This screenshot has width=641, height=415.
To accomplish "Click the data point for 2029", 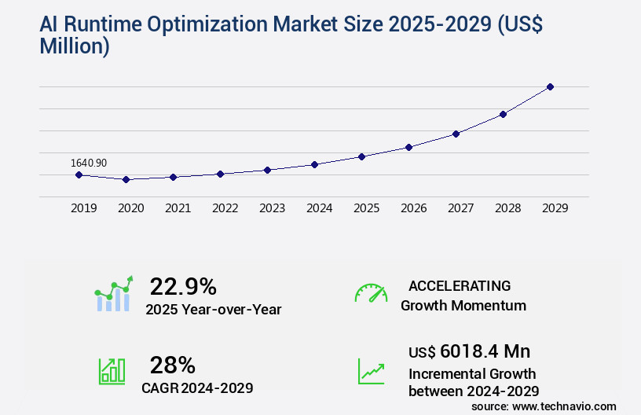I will pyautogui.click(x=550, y=86).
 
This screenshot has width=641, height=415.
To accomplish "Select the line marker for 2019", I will pyautogui.click(x=79, y=174).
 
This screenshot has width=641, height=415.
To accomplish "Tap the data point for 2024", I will pyautogui.click(x=314, y=164).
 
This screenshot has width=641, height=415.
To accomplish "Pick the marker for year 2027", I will pyautogui.click(x=456, y=134).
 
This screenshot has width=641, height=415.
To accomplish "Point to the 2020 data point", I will pyautogui.click(x=126, y=179).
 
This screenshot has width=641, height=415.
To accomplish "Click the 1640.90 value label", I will pyautogui.click(x=89, y=163).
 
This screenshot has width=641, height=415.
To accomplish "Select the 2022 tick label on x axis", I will pyautogui.click(x=225, y=208).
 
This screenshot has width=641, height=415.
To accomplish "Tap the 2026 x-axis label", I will pyautogui.click(x=413, y=208).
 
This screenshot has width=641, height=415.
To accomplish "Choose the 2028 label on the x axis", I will pyautogui.click(x=507, y=208).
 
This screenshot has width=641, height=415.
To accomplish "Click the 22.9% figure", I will pyautogui.click(x=183, y=286).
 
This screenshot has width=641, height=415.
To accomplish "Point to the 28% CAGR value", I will pyautogui.click(x=172, y=365).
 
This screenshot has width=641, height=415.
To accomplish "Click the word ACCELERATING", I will pyautogui.click(x=460, y=285).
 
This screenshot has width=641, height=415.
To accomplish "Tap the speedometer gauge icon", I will pyautogui.click(x=371, y=293).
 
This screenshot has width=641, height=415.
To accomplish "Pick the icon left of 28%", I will pyautogui.click(x=112, y=371).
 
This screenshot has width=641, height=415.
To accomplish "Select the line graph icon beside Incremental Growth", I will pyautogui.click(x=371, y=371).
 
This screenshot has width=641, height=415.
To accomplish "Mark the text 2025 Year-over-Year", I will pyautogui.click(x=213, y=310).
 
